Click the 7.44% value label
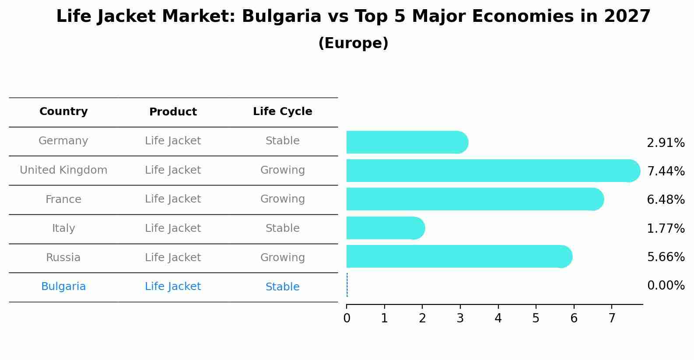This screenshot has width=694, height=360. click(666, 171)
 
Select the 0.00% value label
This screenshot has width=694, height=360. click(666, 286)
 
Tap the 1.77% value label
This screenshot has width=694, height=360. click(666, 228)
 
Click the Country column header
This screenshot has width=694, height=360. click(63, 112)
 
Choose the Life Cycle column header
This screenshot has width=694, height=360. click(282, 112)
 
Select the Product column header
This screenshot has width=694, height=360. click(173, 112)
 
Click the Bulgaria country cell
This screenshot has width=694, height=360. click(63, 287)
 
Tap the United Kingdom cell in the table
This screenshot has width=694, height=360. click(63, 170)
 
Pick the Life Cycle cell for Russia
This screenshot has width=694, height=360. click(282, 258)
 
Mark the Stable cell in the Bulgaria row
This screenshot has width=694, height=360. click(282, 287)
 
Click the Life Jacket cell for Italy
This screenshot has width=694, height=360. click(173, 228)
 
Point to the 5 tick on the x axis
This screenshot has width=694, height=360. click(536, 318)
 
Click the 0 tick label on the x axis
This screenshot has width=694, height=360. click(347, 318)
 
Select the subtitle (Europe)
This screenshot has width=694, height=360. click(353, 43)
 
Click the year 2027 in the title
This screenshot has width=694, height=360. click(627, 17)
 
